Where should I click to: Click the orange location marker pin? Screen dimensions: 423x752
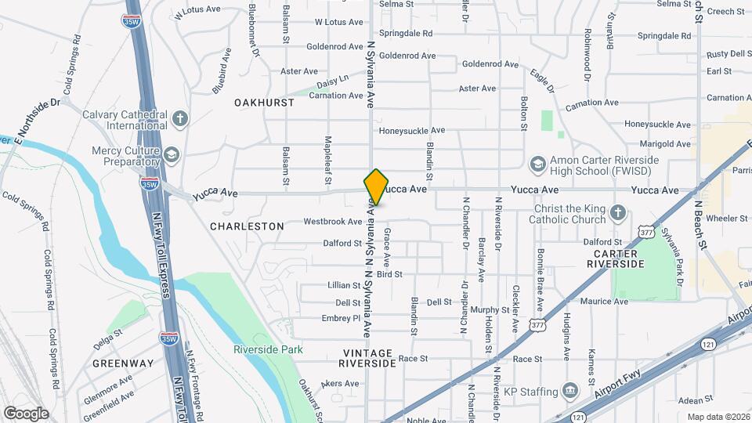(376, 186)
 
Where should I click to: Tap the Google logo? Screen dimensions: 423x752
(26, 413)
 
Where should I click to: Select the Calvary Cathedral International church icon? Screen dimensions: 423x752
(180, 119)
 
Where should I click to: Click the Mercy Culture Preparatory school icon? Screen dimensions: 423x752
(171, 154)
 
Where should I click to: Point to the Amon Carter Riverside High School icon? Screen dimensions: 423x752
(537, 164)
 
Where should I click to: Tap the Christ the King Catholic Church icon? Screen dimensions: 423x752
(618, 213)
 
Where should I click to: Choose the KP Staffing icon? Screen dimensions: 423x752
(570, 391)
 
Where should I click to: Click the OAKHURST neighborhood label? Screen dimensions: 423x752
(264, 103)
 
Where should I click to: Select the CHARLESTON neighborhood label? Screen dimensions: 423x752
(247, 226)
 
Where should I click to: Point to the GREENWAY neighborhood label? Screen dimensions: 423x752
(123, 363)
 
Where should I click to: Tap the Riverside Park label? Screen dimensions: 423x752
(267, 349)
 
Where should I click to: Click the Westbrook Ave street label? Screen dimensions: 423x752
(333, 222)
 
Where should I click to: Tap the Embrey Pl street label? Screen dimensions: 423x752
(341, 318)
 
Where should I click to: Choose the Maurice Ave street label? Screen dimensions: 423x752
(604, 301)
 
